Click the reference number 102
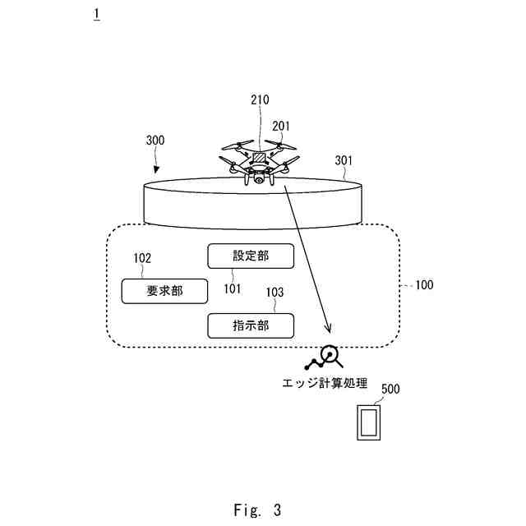[x=142, y=258]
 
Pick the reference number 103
[x=274, y=292]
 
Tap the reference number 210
[x=260, y=100]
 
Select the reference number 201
[x=282, y=127]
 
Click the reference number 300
[x=155, y=141]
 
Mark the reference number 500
[x=391, y=389]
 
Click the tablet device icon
[x=367, y=423]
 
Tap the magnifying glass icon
[x=330, y=355]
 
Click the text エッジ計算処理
[x=325, y=383]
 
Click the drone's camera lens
[x=260, y=177]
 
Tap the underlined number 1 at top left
[x=97, y=14]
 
